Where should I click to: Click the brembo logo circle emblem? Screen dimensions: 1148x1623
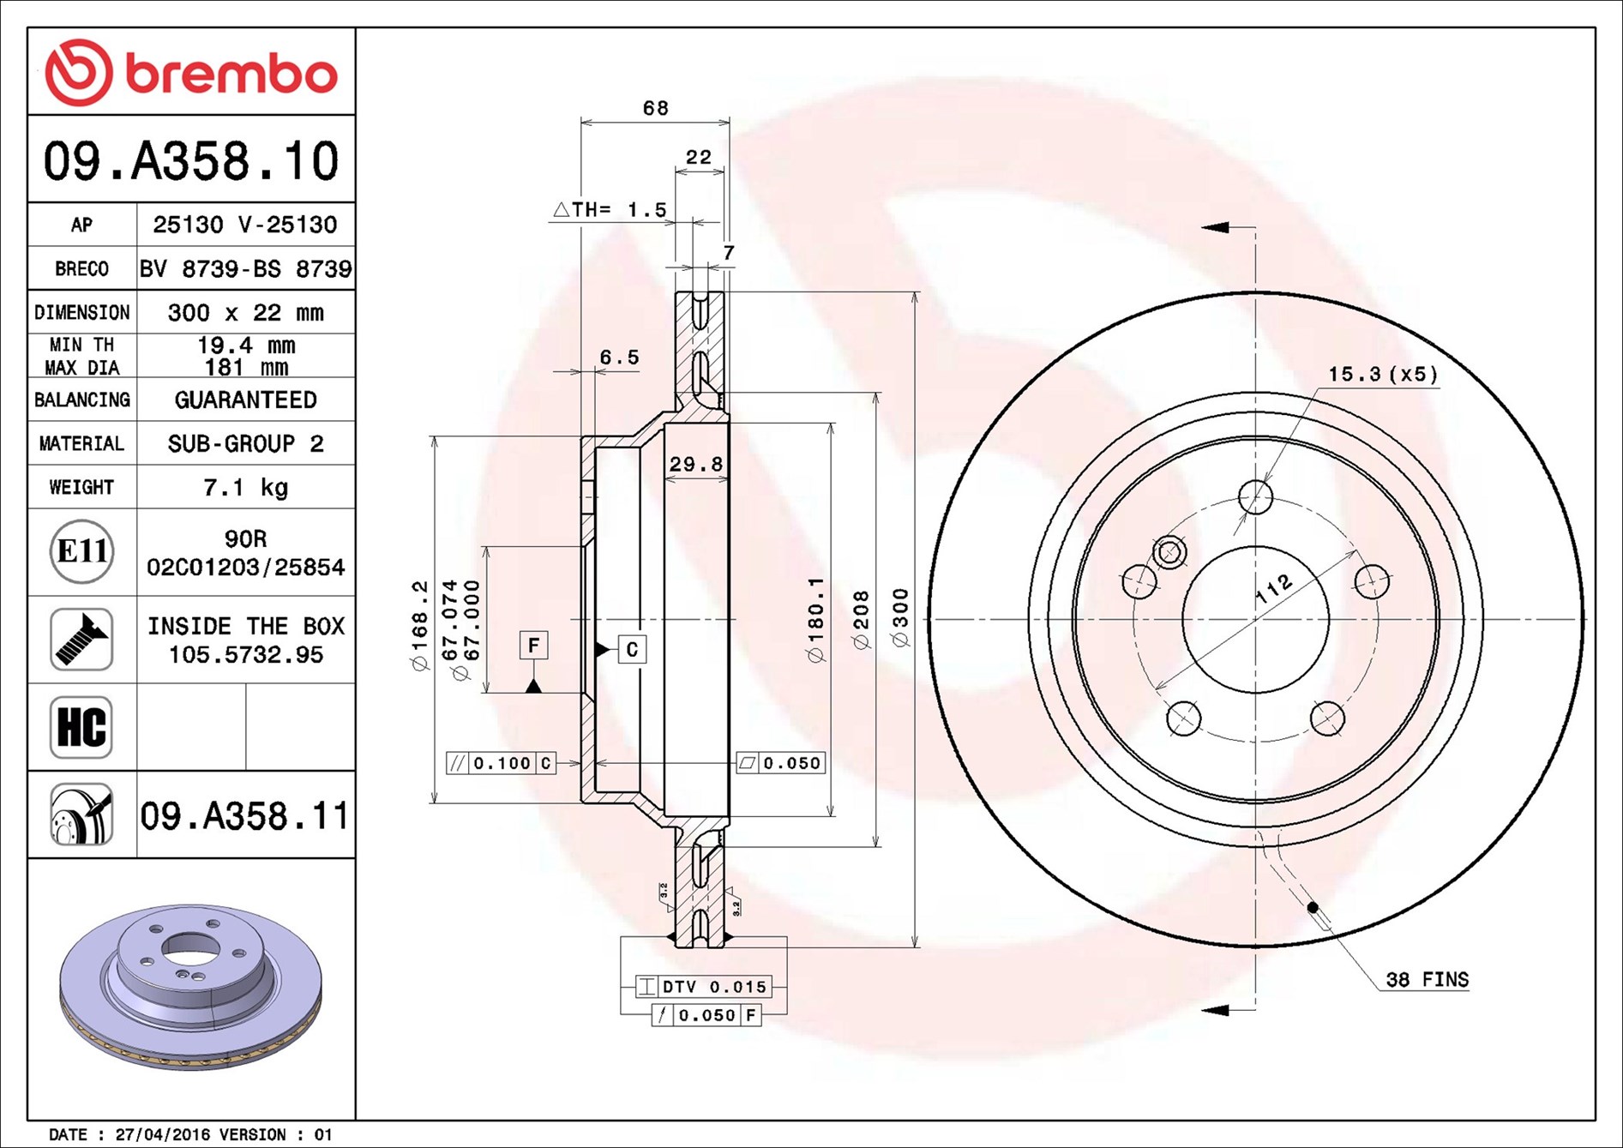[x=78, y=72]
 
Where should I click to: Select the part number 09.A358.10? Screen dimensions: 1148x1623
[x=191, y=161]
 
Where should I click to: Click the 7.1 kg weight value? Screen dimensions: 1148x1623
[x=245, y=488]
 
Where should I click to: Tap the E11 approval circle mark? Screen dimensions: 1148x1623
[x=81, y=551]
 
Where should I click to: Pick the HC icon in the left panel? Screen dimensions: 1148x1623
[x=81, y=727]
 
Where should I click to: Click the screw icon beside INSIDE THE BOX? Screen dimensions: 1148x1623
[x=81, y=640]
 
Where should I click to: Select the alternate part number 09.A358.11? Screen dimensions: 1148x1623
[x=244, y=815]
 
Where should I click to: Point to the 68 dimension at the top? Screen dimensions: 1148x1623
[x=655, y=108]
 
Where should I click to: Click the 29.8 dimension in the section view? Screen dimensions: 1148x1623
[x=695, y=464]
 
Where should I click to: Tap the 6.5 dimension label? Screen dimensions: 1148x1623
[x=619, y=358]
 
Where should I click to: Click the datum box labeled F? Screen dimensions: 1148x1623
[x=533, y=646]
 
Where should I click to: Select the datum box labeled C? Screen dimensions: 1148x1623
[x=632, y=649]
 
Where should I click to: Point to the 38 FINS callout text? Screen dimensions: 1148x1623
[x=1427, y=979]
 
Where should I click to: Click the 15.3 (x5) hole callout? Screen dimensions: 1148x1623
[x=1382, y=375]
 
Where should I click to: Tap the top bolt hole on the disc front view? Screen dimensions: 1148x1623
[x=1255, y=496]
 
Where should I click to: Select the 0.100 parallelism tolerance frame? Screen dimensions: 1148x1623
[x=502, y=763]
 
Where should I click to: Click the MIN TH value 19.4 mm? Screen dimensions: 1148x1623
[x=245, y=346]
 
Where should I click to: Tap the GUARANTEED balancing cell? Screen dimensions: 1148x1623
[x=245, y=400]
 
